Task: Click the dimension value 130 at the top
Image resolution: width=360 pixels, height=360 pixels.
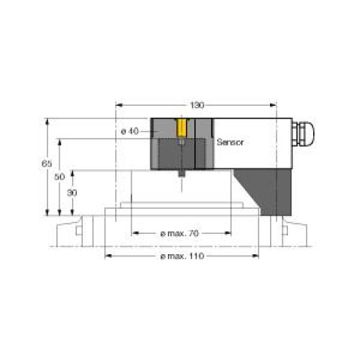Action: coord(195,105)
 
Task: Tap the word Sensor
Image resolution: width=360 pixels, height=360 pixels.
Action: coord(230,142)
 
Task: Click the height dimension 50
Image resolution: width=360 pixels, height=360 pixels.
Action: coord(60,176)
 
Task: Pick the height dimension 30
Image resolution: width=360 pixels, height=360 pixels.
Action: coord(72,193)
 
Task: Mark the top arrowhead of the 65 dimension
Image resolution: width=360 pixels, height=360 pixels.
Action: coord(47,121)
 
